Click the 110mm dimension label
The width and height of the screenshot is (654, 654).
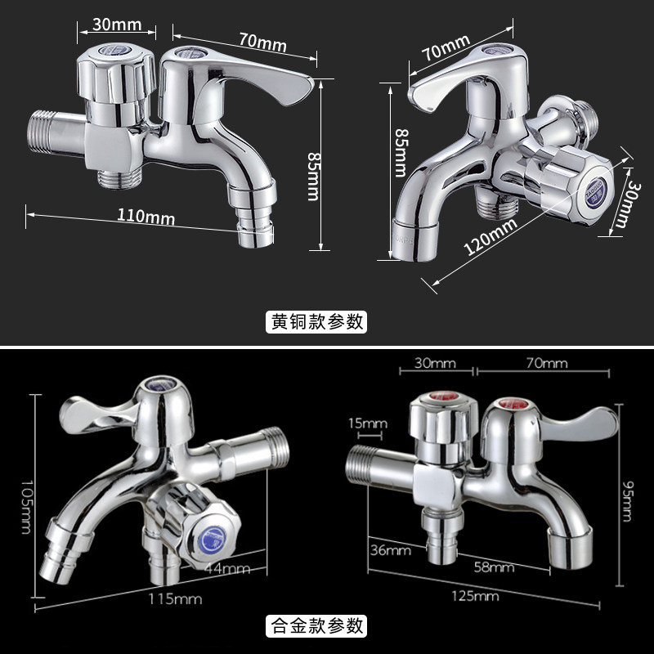(146, 217)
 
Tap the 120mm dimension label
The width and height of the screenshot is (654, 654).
(490, 236)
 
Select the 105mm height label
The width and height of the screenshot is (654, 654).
(27, 507)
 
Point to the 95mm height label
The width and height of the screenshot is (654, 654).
(627, 501)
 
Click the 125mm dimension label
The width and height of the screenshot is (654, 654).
(475, 596)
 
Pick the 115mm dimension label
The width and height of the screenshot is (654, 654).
(175, 599)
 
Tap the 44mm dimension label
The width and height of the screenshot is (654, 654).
(228, 568)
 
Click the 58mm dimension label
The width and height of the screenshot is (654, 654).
(494, 567)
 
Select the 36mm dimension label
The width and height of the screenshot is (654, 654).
(391, 550)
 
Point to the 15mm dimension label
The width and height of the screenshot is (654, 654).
(367, 423)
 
